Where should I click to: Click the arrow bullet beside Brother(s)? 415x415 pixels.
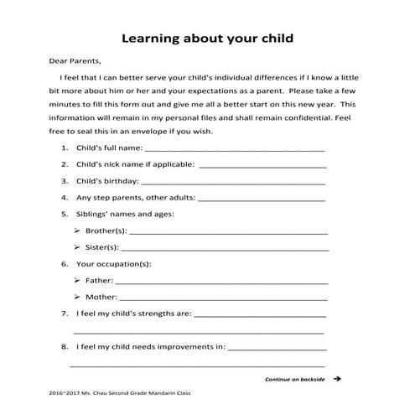pyautogui.click(x=77, y=231)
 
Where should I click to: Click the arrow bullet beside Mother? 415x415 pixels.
pyautogui.click(x=77, y=297)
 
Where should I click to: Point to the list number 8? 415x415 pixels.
pyautogui.click(x=65, y=346)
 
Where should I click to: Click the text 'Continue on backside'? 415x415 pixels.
pyautogui.click(x=294, y=379)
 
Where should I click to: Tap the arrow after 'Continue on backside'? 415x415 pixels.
pyautogui.click(x=337, y=379)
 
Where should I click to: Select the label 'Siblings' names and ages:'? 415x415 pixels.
pyautogui.click(x=125, y=214)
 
